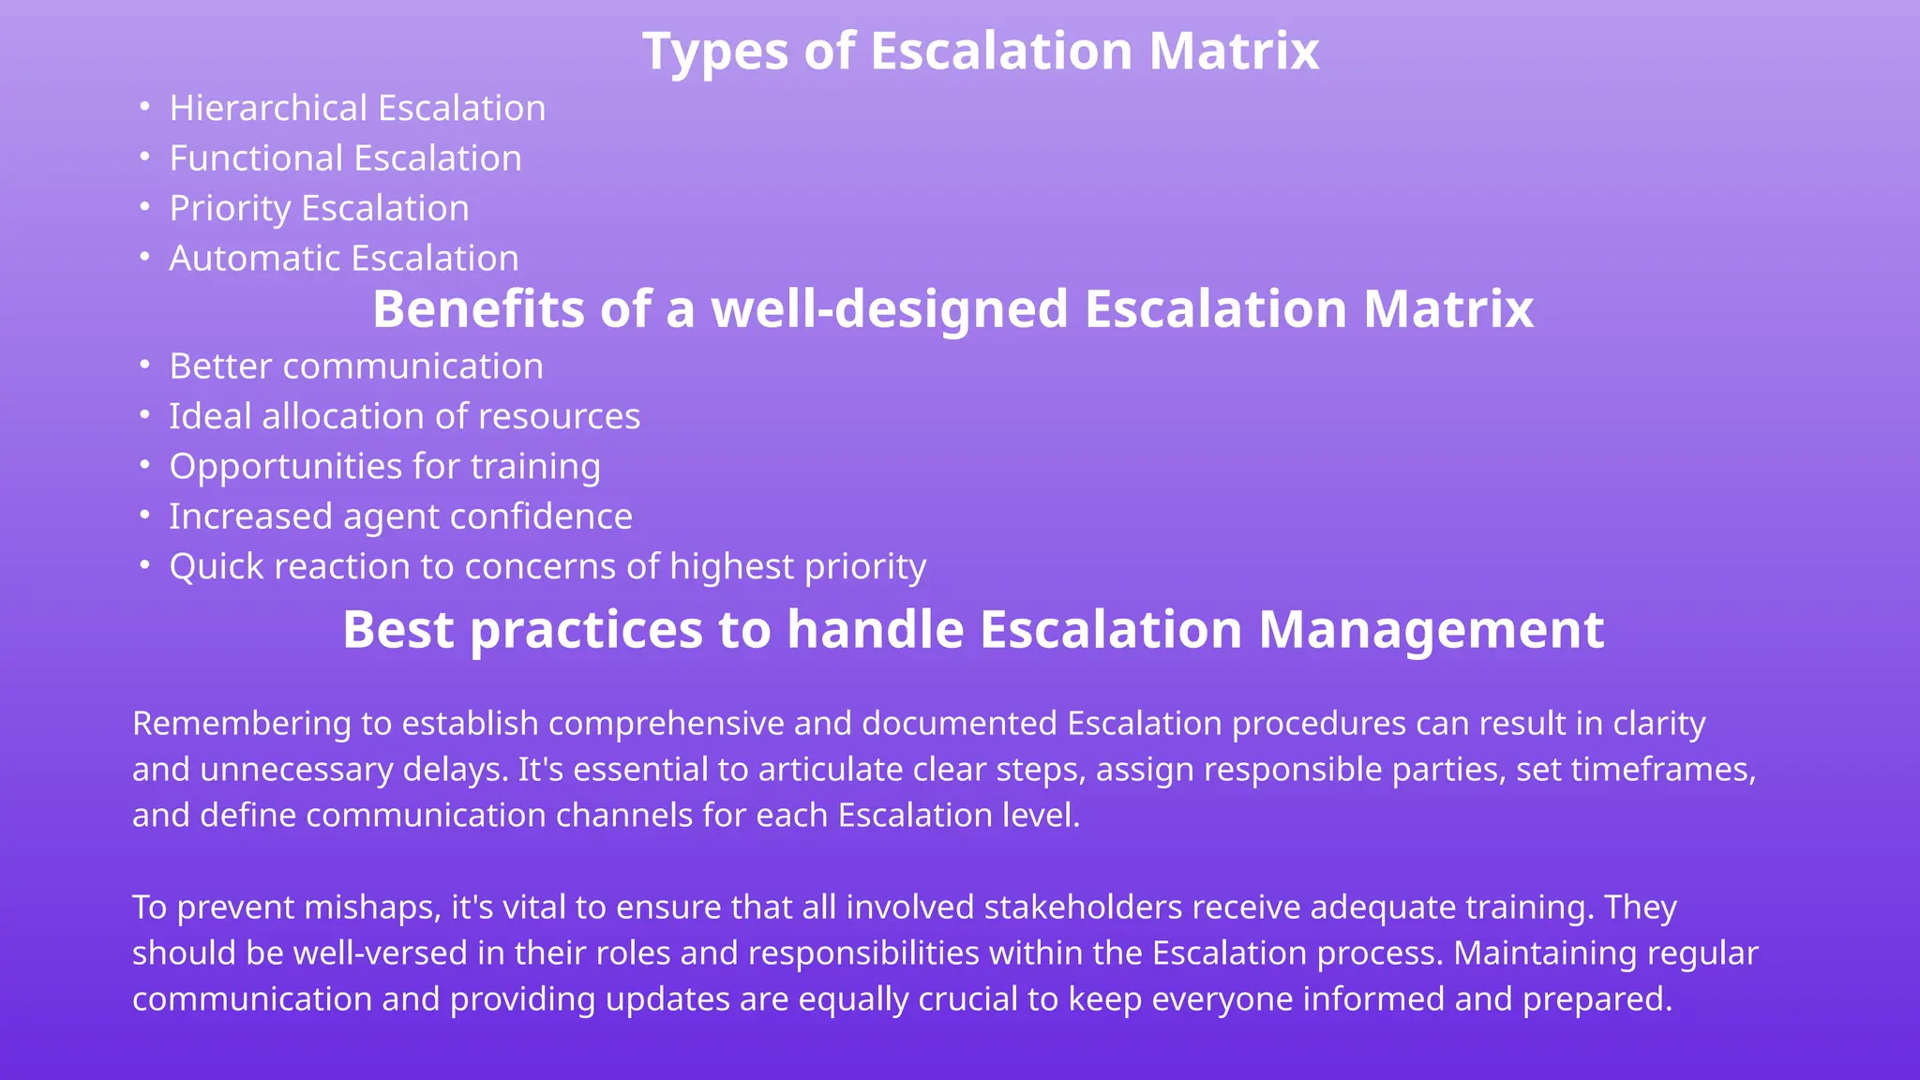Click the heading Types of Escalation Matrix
click(981, 51)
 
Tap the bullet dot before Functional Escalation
click(144, 157)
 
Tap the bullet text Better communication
click(356, 367)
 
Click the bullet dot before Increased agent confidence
click(144, 515)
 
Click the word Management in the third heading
click(1431, 630)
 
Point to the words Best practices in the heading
click(522, 630)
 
